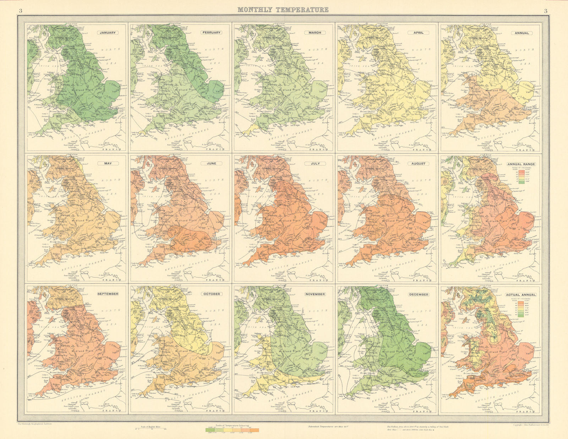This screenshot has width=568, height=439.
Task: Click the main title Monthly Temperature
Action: click(x=283, y=10)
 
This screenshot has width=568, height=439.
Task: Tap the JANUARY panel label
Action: click(x=108, y=33)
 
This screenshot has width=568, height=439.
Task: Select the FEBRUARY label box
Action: click(x=211, y=33)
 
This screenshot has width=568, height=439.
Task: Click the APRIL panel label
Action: click(x=418, y=33)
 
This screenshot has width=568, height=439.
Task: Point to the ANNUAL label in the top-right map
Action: click(x=522, y=33)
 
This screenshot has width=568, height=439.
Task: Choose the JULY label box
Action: click(x=315, y=163)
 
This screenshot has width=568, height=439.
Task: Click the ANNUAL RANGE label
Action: click(x=521, y=164)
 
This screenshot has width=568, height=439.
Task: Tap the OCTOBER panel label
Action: click(x=212, y=294)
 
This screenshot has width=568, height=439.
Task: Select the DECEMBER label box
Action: click(x=418, y=294)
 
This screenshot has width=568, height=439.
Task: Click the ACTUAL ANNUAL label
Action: click(x=521, y=295)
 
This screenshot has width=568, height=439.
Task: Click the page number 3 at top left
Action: click(x=20, y=11)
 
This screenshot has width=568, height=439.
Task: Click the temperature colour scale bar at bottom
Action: click(x=232, y=430)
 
